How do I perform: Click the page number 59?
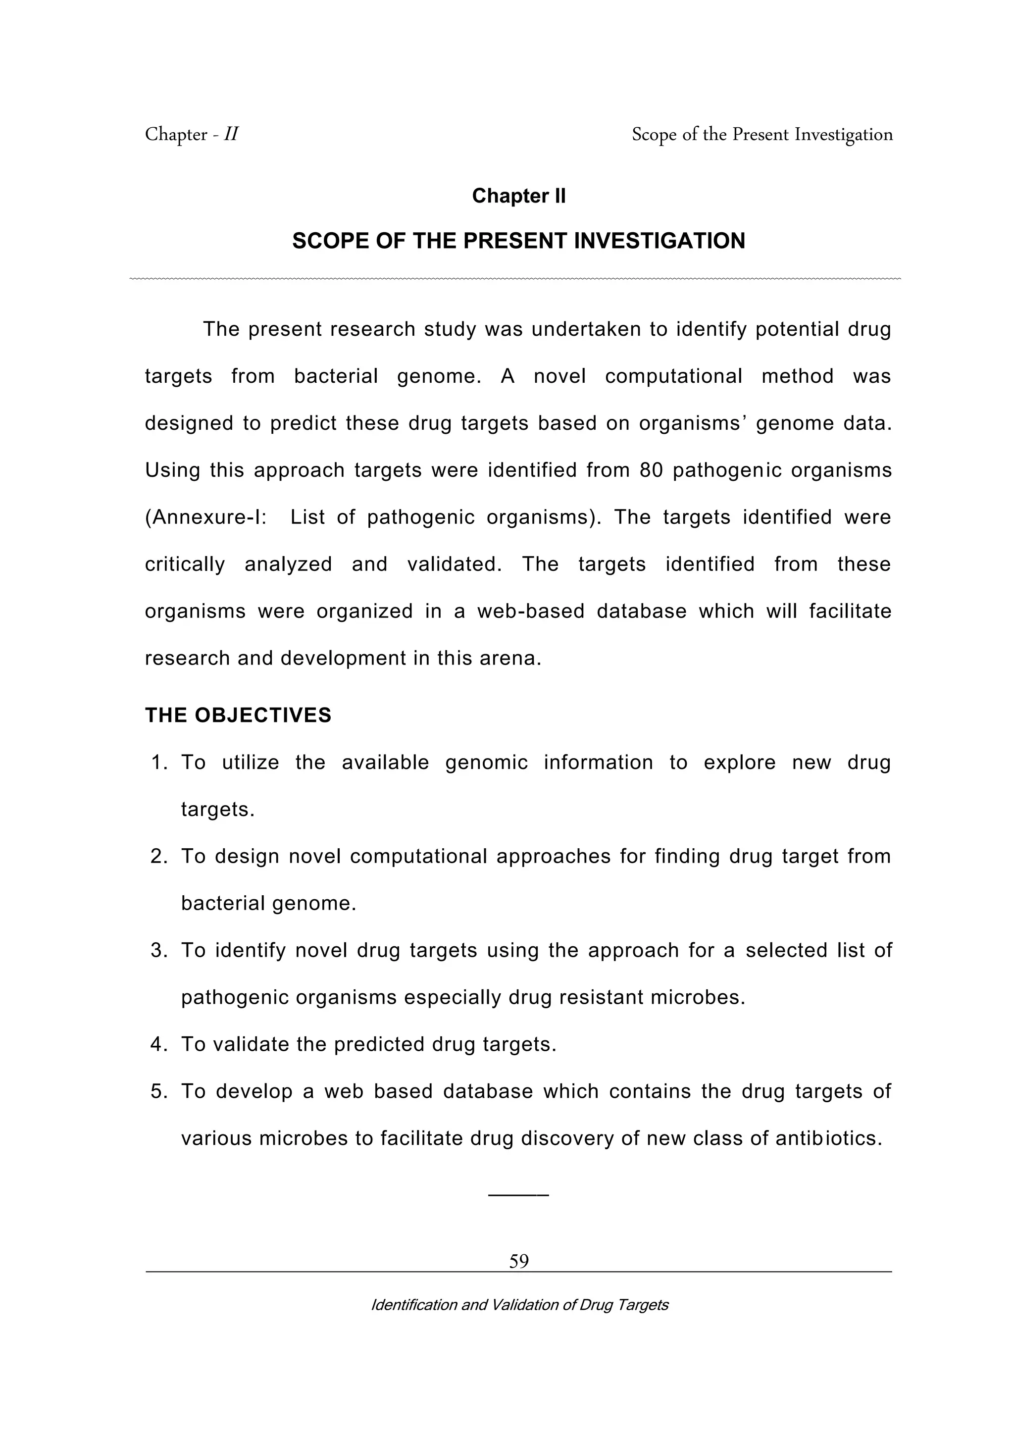pyautogui.click(x=518, y=1261)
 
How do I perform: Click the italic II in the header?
pyautogui.click(x=231, y=134)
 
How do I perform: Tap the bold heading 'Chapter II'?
pyautogui.click(x=518, y=196)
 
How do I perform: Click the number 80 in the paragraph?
pyautogui.click(x=651, y=470)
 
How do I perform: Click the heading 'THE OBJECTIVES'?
pyautogui.click(x=238, y=715)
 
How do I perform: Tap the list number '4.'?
pyautogui.click(x=159, y=1044)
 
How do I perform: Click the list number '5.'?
pyautogui.click(x=159, y=1091)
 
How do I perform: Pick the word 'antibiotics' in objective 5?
pyautogui.click(x=827, y=1138)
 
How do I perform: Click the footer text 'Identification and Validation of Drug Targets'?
pyautogui.click(x=519, y=1305)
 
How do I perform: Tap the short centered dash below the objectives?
pyautogui.click(x=518, y=1195)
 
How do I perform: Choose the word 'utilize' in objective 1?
pyautogui.click(x=251, y=763)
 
